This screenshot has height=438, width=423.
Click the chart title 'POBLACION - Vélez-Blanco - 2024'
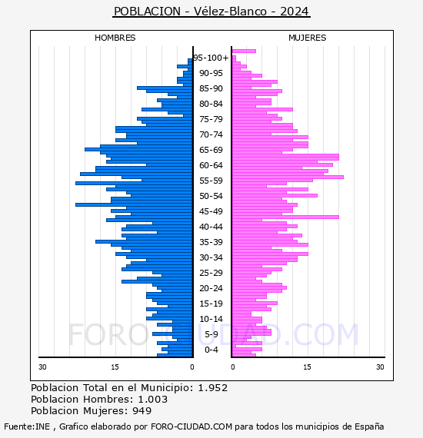pos(211,12)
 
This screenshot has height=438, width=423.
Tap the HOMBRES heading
pos(115,38)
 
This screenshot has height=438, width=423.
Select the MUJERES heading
pos(308,38)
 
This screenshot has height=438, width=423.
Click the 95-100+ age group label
pos(211,58)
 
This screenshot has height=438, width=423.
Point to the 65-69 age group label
pos(211,150)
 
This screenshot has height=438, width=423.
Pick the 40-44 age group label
pos(211,227)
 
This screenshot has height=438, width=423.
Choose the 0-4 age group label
pos(211,350)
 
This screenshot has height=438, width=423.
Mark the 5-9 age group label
pos(211,334)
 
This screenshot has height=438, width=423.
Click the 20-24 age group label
pos(211,288)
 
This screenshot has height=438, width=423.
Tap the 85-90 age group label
pos(211,88)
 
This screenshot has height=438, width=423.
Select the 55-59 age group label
pos(211,181)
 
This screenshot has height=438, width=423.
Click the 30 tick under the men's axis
pos(42,367)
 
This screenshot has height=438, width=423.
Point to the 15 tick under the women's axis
pos(308,367)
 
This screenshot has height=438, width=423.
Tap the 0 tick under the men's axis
pos(192,367)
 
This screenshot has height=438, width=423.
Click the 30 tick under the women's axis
pos(380,367)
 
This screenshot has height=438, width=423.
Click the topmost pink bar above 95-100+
pos(244,51)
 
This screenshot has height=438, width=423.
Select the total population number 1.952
pos(213,388)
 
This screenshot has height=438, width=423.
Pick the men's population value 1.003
pos(153,400)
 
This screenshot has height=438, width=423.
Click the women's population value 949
pos(142,411)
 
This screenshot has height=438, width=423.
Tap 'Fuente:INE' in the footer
pos(27,426)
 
